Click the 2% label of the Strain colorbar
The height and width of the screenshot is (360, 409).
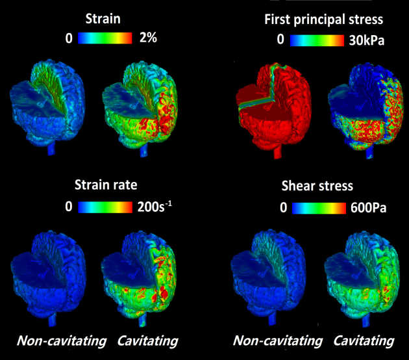(x=148, y=39)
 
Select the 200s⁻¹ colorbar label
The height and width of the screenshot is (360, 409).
(x=156, y=207)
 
